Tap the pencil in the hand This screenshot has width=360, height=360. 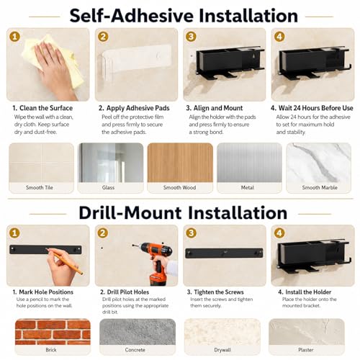pyautogui.click(x=65, y=261)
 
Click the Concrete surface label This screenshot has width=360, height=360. pyautogui.click(x=135, y=350)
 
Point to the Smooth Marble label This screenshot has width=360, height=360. pyautogui.click(x=320, y=187)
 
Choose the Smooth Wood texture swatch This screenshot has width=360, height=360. pyautogui.click(x=180, y=163)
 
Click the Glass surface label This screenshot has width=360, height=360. pyautogui.click(x=108, y=187)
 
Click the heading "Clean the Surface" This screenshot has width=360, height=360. pyautogui.click(x=46, y=108)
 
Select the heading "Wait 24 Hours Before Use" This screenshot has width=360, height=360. pyautogui.click(x=315, y=108)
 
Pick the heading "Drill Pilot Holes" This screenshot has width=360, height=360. pyautogui.click(x=128, y=292)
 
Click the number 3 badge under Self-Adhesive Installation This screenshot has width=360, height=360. pyautogui.click(x=191, y=37)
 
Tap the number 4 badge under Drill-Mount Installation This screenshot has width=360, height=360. pyautogui.click(x=279, y=233)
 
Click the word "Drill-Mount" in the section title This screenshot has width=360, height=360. pyautogui.click(x=130, y=213)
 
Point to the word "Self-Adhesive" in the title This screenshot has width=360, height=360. pyautogui.click(x=132, y=16)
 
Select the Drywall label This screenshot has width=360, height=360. pyautogui.click(x=222, y=350)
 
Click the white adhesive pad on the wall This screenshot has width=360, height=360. pyautogui.click(x=135, y=60)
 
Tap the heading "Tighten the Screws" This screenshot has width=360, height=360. pyautogui.click(x=219, y=292)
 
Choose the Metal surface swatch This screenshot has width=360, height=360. pyautogui.click(x=249, y=163)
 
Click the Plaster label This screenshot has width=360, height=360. pyautogui.click(x=306, y=350)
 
